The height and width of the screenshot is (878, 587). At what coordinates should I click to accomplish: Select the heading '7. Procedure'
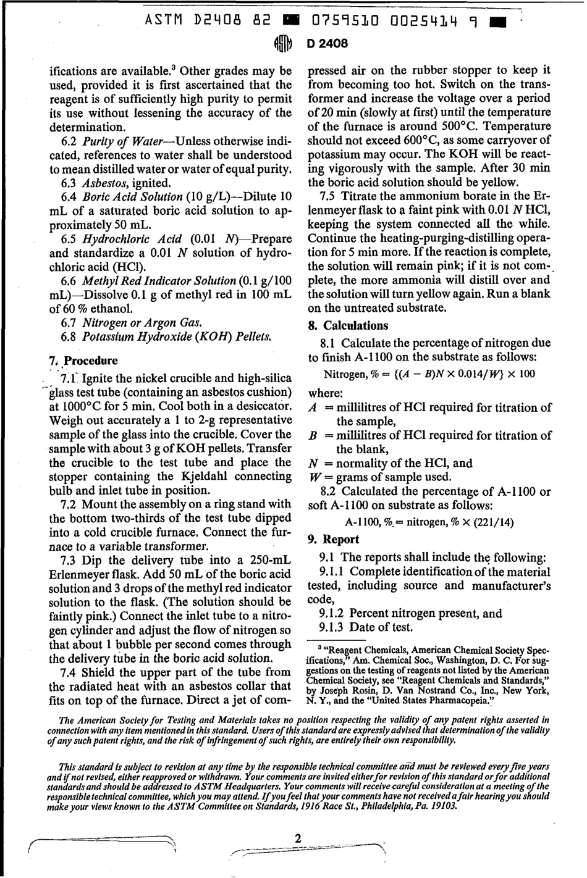83,361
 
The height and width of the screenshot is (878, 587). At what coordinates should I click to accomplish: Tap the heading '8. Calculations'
348,325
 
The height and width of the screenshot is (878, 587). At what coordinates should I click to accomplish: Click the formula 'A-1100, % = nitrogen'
429,522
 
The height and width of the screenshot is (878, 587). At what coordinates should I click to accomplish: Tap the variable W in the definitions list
313,477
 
